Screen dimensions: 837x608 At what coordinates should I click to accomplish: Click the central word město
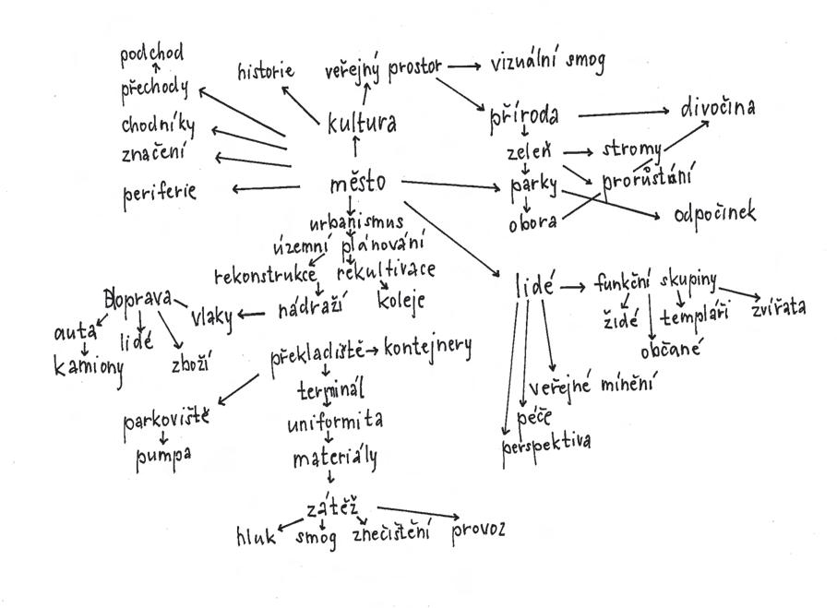[357, 183]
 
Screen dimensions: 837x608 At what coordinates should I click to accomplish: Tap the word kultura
[362, 123]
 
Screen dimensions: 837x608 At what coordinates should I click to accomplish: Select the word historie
[266, 71]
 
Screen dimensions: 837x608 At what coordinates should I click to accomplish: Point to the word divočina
[718, 109]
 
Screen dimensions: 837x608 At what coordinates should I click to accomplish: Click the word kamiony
[88, 366]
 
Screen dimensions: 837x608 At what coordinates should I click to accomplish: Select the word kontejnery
[427, 349]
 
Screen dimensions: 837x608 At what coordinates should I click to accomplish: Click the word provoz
[478, 531]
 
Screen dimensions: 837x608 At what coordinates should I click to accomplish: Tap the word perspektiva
[546, 442]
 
